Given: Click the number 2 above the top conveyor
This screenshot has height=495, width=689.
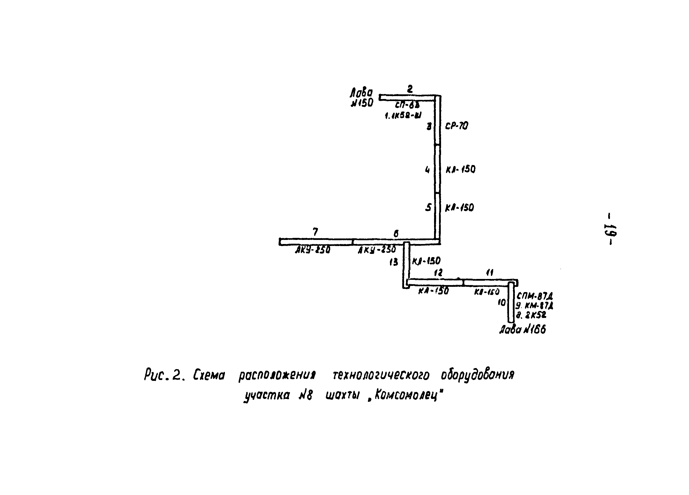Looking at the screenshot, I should point(410,89).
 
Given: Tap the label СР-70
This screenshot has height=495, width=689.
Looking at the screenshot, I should point(457,126).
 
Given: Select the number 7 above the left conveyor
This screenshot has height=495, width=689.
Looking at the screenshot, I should point(315,232).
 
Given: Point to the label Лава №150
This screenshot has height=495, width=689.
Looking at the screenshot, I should point(361,97).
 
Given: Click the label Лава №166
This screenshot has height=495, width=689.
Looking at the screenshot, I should point(522,330).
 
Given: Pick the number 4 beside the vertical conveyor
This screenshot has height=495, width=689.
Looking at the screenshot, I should point(427,170).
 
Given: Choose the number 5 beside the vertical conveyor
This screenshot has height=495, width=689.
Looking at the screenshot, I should point(428,207).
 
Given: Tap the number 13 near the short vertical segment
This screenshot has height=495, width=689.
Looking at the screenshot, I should point(394,262).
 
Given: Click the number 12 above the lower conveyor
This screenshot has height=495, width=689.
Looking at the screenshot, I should point(438,273).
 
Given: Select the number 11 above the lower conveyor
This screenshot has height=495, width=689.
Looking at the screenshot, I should point(490,273).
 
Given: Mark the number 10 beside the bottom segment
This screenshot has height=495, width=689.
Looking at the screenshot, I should point(502,303).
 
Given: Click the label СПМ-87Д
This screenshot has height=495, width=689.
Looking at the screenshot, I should point(535,296).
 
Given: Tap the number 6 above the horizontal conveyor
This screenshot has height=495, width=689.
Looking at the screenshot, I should point(396,234).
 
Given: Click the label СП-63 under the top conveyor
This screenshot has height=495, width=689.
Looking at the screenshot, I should point(407,105).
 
